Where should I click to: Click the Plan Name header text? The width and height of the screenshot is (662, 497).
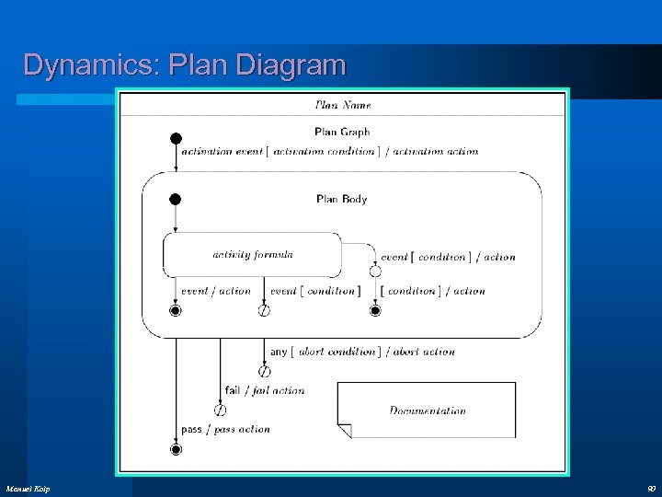tap(342, 105)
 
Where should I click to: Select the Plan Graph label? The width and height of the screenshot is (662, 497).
tap(342, 133)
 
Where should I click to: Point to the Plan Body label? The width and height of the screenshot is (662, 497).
tap(341, 199)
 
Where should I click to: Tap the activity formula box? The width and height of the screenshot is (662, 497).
tap(252, 255)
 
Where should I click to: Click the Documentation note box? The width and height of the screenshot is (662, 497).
tap(427, 410)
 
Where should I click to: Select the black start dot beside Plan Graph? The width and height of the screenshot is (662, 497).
tap(176, 139)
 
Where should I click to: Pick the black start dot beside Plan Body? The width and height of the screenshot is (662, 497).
tap(176, 199)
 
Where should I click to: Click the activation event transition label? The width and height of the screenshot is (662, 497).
tap(329, 152)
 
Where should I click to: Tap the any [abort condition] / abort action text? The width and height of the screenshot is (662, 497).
tap(362, 352)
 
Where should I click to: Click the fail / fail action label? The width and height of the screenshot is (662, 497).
tap(264, 390)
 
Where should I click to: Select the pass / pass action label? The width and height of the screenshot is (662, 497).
tap(225, 429)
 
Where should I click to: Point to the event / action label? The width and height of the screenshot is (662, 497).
tap(215, 291)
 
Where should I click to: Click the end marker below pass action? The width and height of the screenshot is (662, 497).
tap(176, 449)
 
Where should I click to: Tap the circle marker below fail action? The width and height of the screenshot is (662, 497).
tap(220, 410)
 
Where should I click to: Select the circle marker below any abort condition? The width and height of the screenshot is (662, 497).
tap(264, 372)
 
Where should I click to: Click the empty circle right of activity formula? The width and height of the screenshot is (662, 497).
tap(375, 272)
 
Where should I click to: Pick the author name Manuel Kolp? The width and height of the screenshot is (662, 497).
tap(28, 487)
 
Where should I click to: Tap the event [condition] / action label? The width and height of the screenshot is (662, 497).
tap(448, 258)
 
